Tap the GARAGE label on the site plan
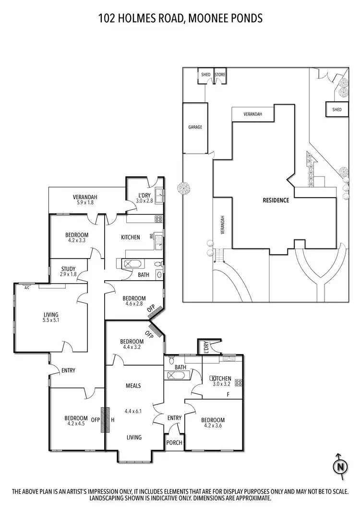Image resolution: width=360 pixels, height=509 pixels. click(x=195, y=127)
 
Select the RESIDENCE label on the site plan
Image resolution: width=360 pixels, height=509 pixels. click(x=276, y=200)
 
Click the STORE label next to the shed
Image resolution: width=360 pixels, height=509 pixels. click(x=220, y=75)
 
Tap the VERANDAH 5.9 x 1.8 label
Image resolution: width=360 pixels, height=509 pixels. click(x=85, y=200)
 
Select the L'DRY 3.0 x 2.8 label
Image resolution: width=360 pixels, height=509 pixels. click(x=144, y=197)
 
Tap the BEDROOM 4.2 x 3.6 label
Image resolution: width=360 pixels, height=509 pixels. click(x=214, y=423)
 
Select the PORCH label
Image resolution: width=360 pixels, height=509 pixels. click(x=174, y=442)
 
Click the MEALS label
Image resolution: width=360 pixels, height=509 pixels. click(x=133, y=386)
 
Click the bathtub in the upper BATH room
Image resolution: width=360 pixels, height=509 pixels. click(x=131, y=263)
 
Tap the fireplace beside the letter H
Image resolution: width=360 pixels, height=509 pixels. click(x=105, y=420)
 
